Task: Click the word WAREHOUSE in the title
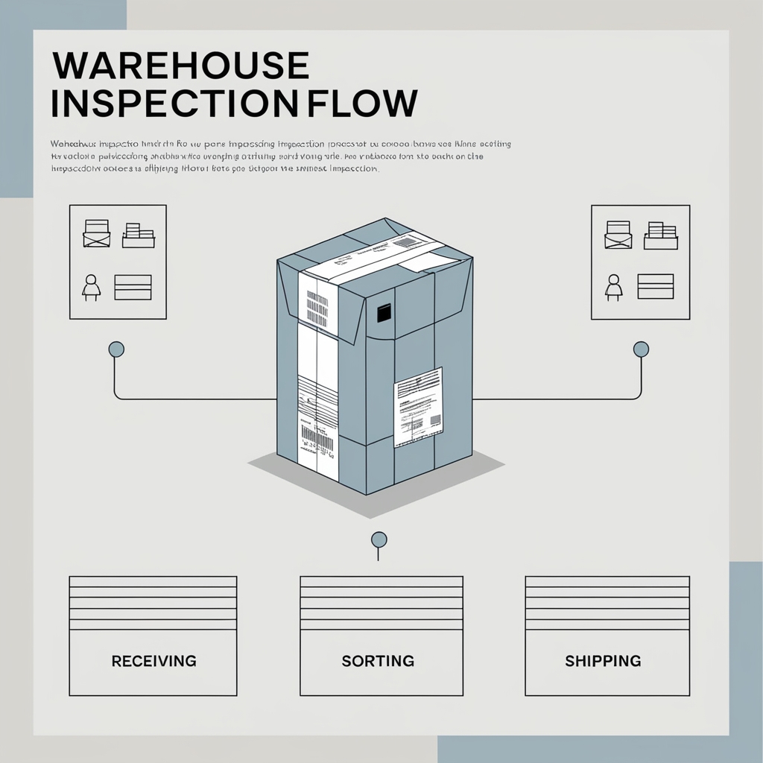pyautogui.click(x=180, y=66)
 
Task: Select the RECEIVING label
pyautogui.click(x=153, y=661)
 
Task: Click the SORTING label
pyautogui.click(x=378, y=661)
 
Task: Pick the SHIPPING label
pyautogui.click(x=603, y=661)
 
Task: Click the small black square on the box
pyautogui.click(x=384, y=314)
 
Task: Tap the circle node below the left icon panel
pyautogui.click(x=115, y=349)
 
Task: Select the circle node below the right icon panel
pyautogui.click(x=640, y=349)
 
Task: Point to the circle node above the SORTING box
pyautogui.click(x=379, y=539)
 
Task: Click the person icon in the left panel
pyautogui.click(x=92, y=288)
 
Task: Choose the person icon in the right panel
pyautogui.click(x=614, y=288)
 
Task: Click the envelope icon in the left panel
pyautogui.click(x=97, y=233)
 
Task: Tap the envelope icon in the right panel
pyautogui.click(x=618, y=234)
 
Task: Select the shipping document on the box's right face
pyautogui.click(x=418, y=407)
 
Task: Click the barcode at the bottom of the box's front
pyautogui.click(x=317, y=439)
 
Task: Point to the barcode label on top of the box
pyautogui.click(x=408, y=242)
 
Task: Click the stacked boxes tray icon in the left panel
pyautogui.click(x=138, y=235)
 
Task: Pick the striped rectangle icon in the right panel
pyautogui.click(x=656, y=287)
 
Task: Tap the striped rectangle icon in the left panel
pyautogui.click(x=133, y=287)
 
